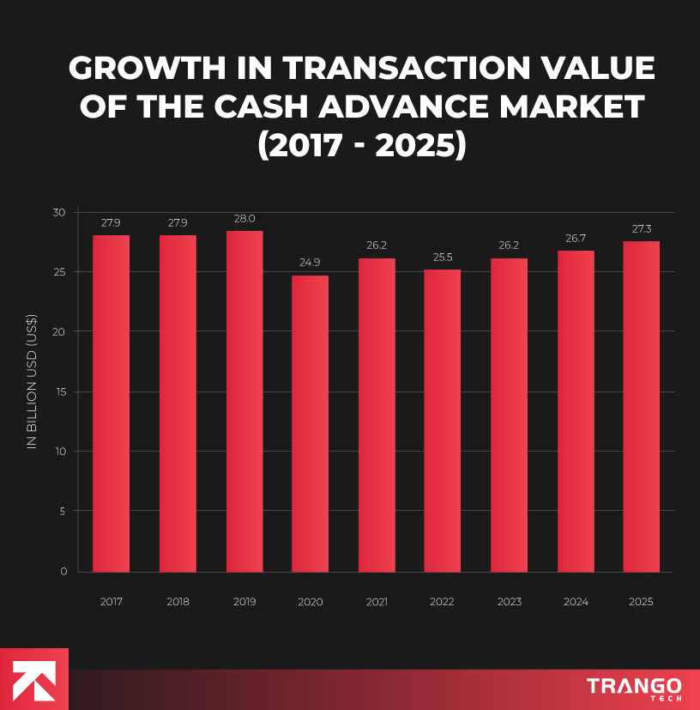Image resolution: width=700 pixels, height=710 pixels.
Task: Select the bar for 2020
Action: click(x=310, y=423)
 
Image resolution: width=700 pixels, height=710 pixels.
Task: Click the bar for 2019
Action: click(x=244, y=401)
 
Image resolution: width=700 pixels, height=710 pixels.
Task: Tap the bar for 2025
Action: click(x=641, y=406)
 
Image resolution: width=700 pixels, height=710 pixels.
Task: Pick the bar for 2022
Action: click(x=442, y=421)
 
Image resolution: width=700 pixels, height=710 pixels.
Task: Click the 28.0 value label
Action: click(x=244, y=219)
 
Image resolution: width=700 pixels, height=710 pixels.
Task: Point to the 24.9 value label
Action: click(x=310, y=263)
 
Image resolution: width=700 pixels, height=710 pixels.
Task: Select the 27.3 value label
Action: click(x=641, y=229)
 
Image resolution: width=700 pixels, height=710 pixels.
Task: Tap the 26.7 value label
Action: click(x=576, y=239)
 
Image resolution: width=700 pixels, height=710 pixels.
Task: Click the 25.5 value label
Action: click(x=442, y=258)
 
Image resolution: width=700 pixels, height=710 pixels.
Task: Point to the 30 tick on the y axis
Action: click(x=58, y=212)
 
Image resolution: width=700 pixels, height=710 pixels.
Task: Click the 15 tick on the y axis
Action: click(x=59, y=391)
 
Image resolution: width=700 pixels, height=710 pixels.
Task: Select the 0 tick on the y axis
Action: click(x=63, y=571)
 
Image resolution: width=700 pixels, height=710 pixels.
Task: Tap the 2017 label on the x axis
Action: click(x=111, y=602)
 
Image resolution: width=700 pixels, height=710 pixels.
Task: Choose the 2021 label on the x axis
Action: click(x=377, y=602)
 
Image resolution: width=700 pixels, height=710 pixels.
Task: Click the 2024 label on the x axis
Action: click(x=576, y=602)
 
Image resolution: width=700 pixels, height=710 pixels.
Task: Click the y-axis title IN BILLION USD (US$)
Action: click(x=32, y=391)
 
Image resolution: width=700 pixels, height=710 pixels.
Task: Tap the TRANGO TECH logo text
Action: click(x=634, y=688)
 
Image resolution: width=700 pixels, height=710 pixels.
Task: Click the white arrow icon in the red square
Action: click(x=33, y=679)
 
